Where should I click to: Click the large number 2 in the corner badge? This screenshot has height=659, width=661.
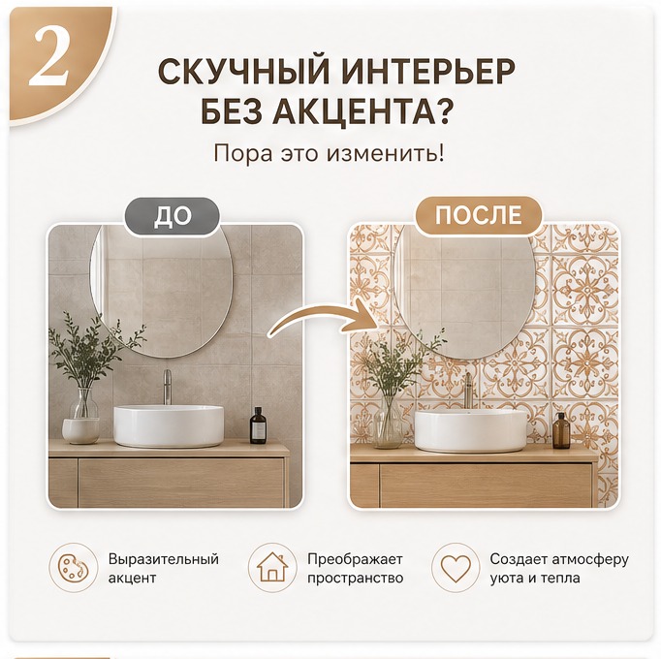[48, 58]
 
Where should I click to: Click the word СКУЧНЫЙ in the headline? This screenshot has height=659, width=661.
[243, 72]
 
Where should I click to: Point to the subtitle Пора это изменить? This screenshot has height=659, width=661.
[329, 153]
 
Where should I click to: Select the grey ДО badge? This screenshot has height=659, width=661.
[172, 216]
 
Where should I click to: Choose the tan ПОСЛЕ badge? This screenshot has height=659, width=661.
[479, 215]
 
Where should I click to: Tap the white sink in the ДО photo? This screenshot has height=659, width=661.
[169, 425]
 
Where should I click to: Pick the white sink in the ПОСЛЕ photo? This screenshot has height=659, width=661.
[471, 430]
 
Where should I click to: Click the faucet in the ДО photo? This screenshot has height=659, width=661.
[168, 387]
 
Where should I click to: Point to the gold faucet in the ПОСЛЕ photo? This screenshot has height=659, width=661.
[468, 390]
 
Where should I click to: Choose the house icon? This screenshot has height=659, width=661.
[272, 568]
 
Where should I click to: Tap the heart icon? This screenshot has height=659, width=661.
[456, 568]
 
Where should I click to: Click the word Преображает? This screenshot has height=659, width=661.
[355, 559]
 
